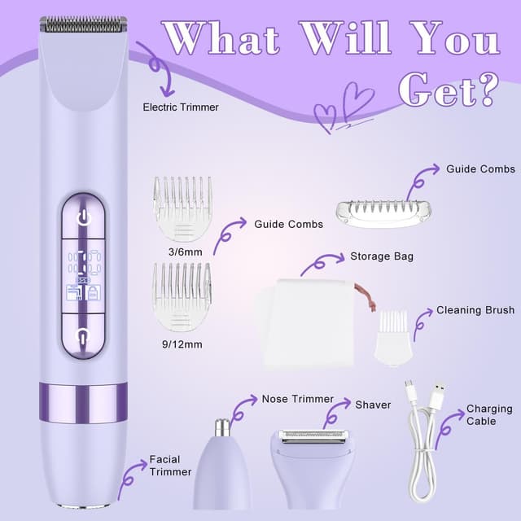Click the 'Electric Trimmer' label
point(180,107)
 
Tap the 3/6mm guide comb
point(182,208)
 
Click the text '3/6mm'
point(181,252)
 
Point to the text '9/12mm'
point(182,344)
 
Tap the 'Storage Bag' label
point(381,256)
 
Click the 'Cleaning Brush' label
point(475,310)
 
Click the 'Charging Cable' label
point(489,415)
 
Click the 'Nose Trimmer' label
point(297,399)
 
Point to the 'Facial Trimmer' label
point(170,466)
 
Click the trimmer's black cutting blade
point(84,25)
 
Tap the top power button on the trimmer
point(83,218)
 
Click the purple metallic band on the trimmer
point(83,403)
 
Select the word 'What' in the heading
point(220,39)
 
